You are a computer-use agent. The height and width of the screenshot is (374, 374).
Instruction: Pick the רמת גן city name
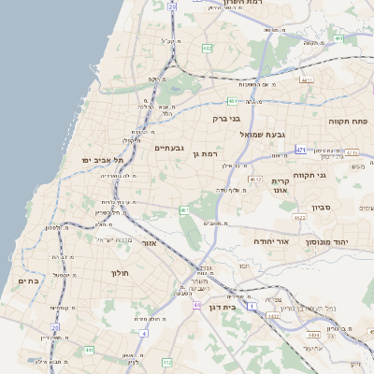point(206,153)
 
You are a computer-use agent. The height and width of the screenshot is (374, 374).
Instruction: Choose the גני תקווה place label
point(335,175)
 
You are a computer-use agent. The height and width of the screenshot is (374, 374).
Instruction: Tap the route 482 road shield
point(207,48)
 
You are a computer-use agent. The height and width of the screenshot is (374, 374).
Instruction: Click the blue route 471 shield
point(300,150)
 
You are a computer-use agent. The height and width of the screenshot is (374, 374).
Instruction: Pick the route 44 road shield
point(196,305)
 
